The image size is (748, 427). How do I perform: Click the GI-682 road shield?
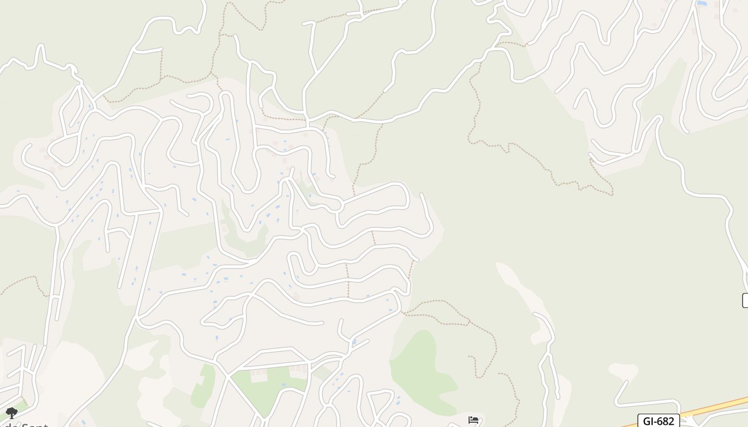tap(658, 421)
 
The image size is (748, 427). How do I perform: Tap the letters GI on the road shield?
tap(648, 421)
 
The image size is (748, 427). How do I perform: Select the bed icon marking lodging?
tap(473, 420)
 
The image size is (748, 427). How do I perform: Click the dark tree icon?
tap(11, 413)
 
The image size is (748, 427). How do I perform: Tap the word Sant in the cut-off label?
tap(33, 425)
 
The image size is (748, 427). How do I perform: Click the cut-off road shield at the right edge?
tap(745, 301)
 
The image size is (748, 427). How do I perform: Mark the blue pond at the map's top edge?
tap(702, 4)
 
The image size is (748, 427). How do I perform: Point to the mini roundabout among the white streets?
tap(337, 205)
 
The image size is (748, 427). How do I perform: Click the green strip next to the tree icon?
tap(21, 406)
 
